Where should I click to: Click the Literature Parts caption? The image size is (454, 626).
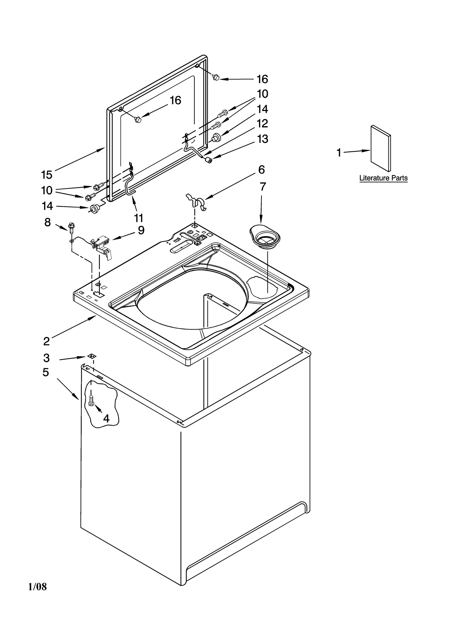(383, 178)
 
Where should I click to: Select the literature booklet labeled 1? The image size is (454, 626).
(381, 148)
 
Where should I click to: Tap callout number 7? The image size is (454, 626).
(263, 187)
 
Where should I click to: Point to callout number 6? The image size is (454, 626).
(261, 170)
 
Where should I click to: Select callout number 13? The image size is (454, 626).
(262, 139)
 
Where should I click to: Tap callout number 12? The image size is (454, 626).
(262, 124)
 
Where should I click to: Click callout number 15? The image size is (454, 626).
(47, 175)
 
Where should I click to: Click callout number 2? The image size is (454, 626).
(47, 341)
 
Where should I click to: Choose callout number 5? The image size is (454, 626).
(46, 372)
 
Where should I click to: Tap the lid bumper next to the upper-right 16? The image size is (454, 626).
(216, 77)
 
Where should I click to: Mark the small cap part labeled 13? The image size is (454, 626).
(209, 160)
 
